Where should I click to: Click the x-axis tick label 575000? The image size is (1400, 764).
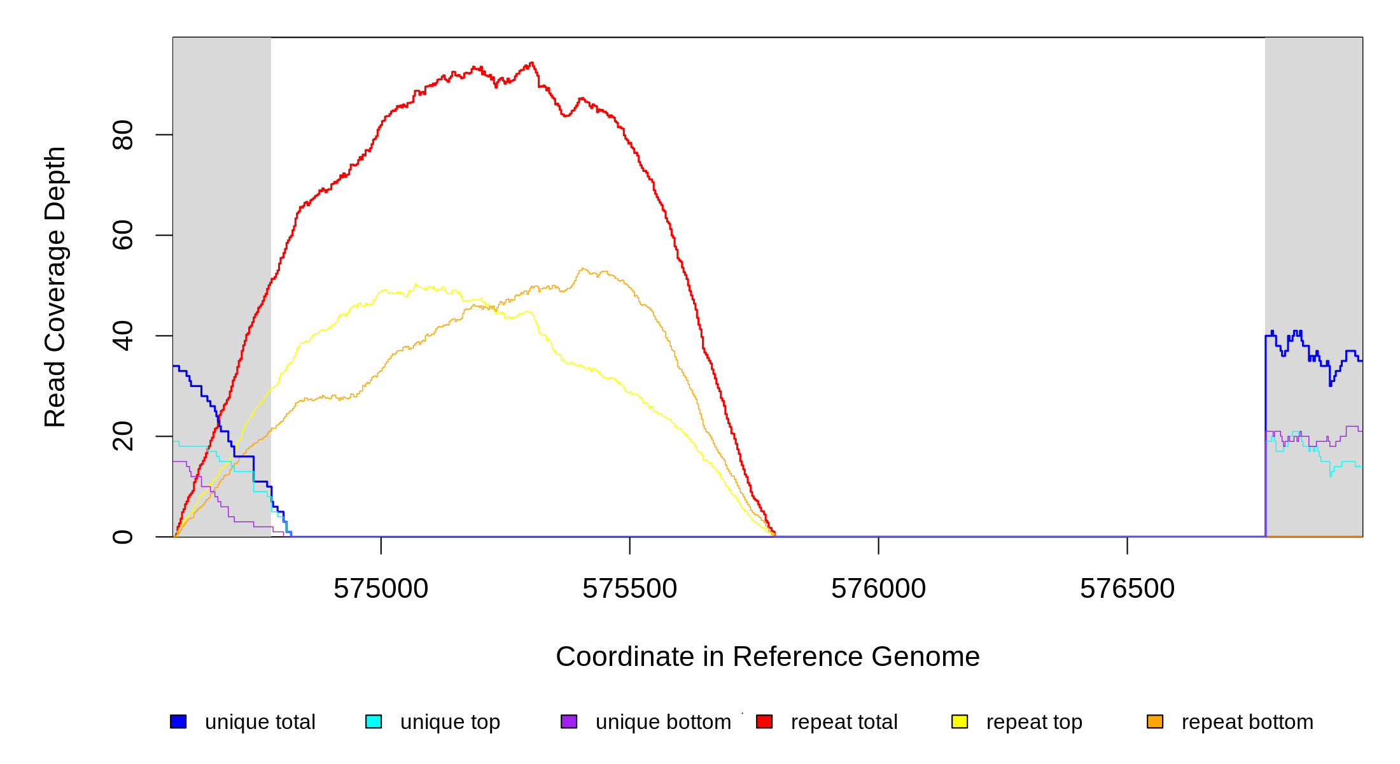[x=381, y=589]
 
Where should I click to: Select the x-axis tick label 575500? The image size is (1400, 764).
[x=629, y=589]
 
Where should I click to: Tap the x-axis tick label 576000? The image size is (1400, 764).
[x=878, y=589]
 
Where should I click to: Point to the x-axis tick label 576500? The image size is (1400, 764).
[x=1127, y=589]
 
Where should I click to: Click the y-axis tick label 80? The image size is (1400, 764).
[x=123, y=135]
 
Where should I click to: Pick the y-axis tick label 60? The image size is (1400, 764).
[x=123, y=236]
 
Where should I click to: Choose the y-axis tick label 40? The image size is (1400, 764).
[x=123, y=336]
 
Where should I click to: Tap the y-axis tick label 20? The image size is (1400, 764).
[x=123, y=437]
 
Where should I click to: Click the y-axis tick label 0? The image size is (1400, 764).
[x=123, y=537]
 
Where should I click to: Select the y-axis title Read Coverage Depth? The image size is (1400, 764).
[x=55, y=286]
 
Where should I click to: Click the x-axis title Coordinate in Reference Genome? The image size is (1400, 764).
[x=767, y=656]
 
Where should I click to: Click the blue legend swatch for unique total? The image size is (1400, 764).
[x=178, y=721]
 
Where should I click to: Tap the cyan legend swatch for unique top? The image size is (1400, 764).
[x=374, y=721]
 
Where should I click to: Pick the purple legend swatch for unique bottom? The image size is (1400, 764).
[x=569, y=721]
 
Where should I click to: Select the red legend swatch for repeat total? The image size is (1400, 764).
[x=764, y=721]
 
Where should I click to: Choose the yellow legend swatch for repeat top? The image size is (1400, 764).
[x=960, y=721]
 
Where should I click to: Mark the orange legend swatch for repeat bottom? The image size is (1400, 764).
[x=1155, y=721]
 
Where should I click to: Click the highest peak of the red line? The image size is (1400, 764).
[x=531, y=62]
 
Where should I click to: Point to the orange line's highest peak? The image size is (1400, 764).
[x=583, y=269]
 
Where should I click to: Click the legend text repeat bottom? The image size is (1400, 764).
[x=1247, y=722]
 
